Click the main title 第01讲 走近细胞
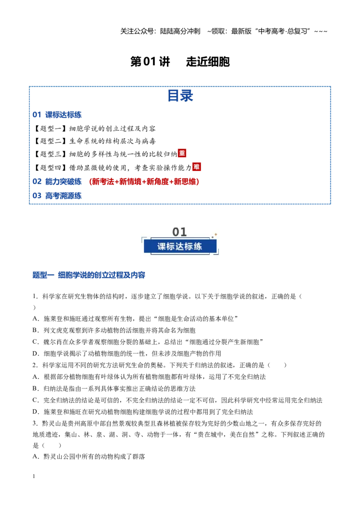click(180, 61)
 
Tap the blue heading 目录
click(180, 96)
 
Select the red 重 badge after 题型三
click(182, 153)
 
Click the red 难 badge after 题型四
click(197, 167)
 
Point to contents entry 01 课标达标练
click(57, 115)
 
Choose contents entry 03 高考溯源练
click(57, 196)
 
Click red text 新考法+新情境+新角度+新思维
click(144, 182)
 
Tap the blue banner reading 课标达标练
click(180, 246)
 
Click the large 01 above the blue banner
click(180, 232)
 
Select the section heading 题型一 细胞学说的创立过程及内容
click(89, 275)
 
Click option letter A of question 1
click(36, 319)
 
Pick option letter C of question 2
click(36, 400)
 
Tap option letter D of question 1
click(36, 353)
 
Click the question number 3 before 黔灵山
click(35, 423)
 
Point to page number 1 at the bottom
click(34, 476)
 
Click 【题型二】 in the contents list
click(50, 141)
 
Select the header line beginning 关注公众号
click(224, 31)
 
